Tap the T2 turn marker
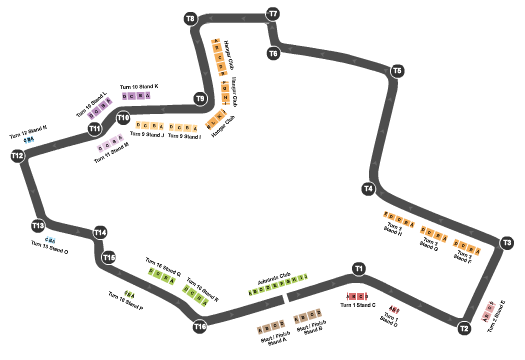click(x=464, y=327)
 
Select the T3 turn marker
click(x=507, y=243)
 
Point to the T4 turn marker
click(x=369, y=188)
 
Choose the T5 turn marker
click(x=397, y=71)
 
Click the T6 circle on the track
click(x=273, y=52)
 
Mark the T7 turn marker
click(x=272, y=14)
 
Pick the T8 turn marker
click(x=191, y=19)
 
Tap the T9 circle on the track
click(x=200, y=99)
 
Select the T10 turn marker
click(x=123, y=117)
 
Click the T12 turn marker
click(x=17, y=156)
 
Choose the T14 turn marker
click(x=100, y=233)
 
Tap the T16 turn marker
click(x=200, y=326)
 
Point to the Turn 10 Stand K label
click(x=139, y=87)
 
